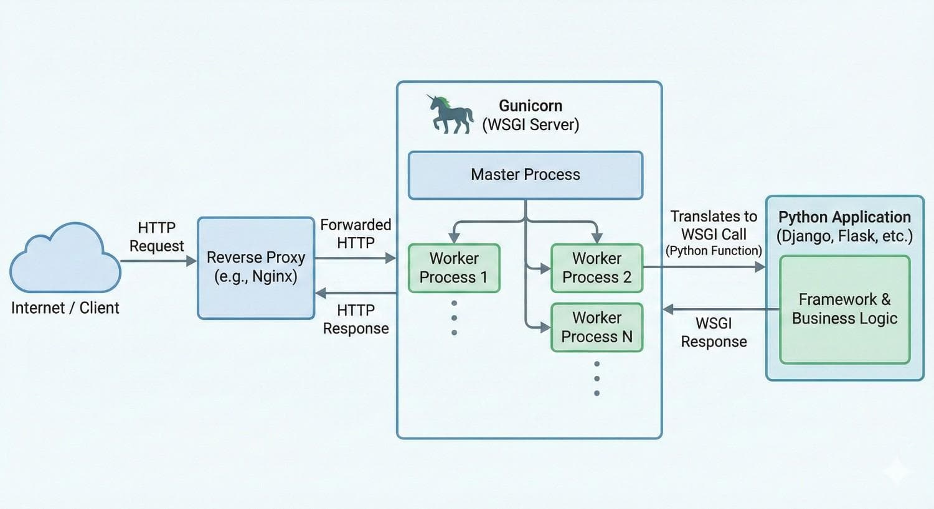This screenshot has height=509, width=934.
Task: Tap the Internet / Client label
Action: coord(65,308)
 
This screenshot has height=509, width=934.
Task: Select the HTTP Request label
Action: coord(156,236)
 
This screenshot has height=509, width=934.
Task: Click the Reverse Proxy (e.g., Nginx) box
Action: coord(256,268)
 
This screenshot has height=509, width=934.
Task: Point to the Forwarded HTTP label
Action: coord(356,234)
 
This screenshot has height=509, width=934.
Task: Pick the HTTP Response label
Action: coord(356,319)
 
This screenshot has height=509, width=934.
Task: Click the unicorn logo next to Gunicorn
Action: coord(450,114)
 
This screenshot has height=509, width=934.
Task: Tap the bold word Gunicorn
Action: coord(531,106)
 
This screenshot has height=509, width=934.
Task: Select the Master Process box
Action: coord(525,175)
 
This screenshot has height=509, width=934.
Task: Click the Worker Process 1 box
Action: coord(454,268)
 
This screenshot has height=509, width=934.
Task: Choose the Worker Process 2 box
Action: coord(597,268)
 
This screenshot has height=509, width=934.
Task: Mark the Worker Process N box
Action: coord(597,327)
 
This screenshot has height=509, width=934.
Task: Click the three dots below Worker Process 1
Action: coord(454,318)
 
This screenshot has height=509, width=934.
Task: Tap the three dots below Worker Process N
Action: coord(597,378)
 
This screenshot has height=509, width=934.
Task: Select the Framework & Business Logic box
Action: coord(844,309)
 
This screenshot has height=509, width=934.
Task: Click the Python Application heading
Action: coord(844,217)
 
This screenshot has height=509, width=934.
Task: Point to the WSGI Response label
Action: coord(714,332)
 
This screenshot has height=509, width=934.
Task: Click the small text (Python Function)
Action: coord(714,251)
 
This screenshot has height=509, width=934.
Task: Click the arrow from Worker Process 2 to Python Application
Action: coord(704,268)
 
